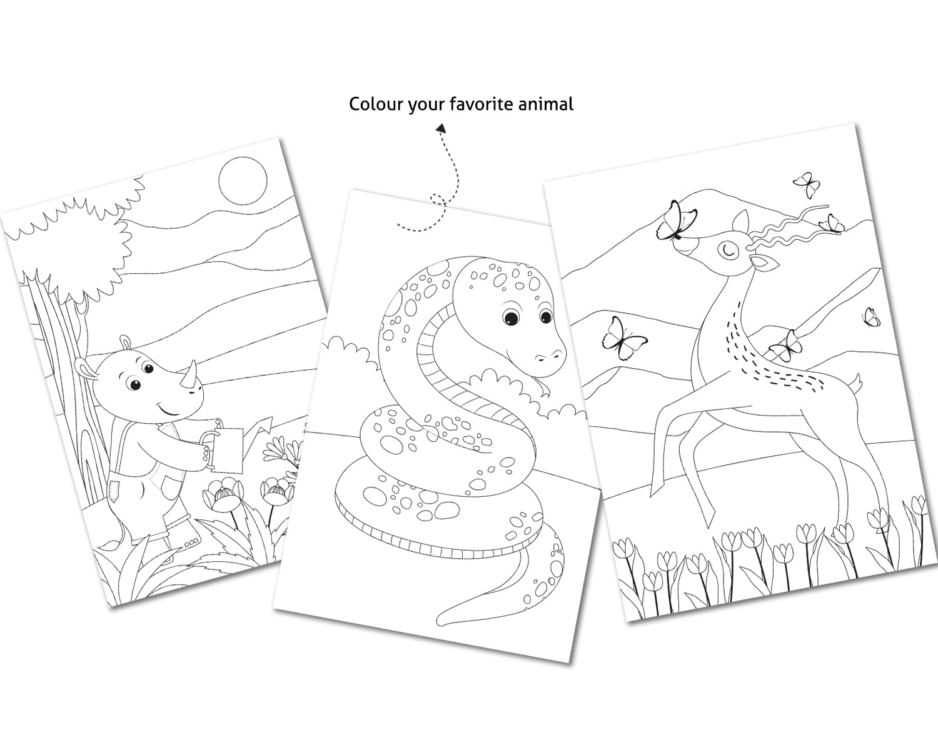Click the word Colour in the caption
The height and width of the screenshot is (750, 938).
coord(376,103)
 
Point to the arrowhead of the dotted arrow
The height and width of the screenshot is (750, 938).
coord(441,128)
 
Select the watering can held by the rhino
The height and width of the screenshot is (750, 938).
coord(231,445)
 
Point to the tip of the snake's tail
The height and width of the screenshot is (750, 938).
coord(444,619)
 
